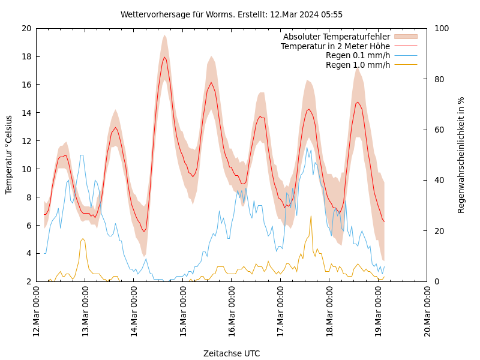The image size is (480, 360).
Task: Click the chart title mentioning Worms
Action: coord(232,14)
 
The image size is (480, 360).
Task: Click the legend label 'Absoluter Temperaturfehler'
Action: coord(336,37)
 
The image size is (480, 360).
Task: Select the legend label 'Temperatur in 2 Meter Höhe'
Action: coord(335,46)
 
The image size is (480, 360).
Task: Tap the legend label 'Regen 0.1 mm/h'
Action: coord(358,55)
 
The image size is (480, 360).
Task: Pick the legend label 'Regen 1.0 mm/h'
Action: coord(358,64)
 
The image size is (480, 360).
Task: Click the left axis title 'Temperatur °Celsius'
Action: coord(9,154)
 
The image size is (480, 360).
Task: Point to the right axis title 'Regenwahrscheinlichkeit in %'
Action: coord(461,155)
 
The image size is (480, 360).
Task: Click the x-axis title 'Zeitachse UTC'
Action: coord(232,353)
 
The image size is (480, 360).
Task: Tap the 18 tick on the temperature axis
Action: coord(26,56)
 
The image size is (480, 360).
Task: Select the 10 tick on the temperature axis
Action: coord(26,169)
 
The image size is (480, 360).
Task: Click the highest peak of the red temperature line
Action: coord(164,57)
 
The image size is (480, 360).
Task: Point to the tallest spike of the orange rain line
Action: coord(311,216)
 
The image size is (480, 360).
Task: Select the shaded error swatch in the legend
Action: coord(406,37)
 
